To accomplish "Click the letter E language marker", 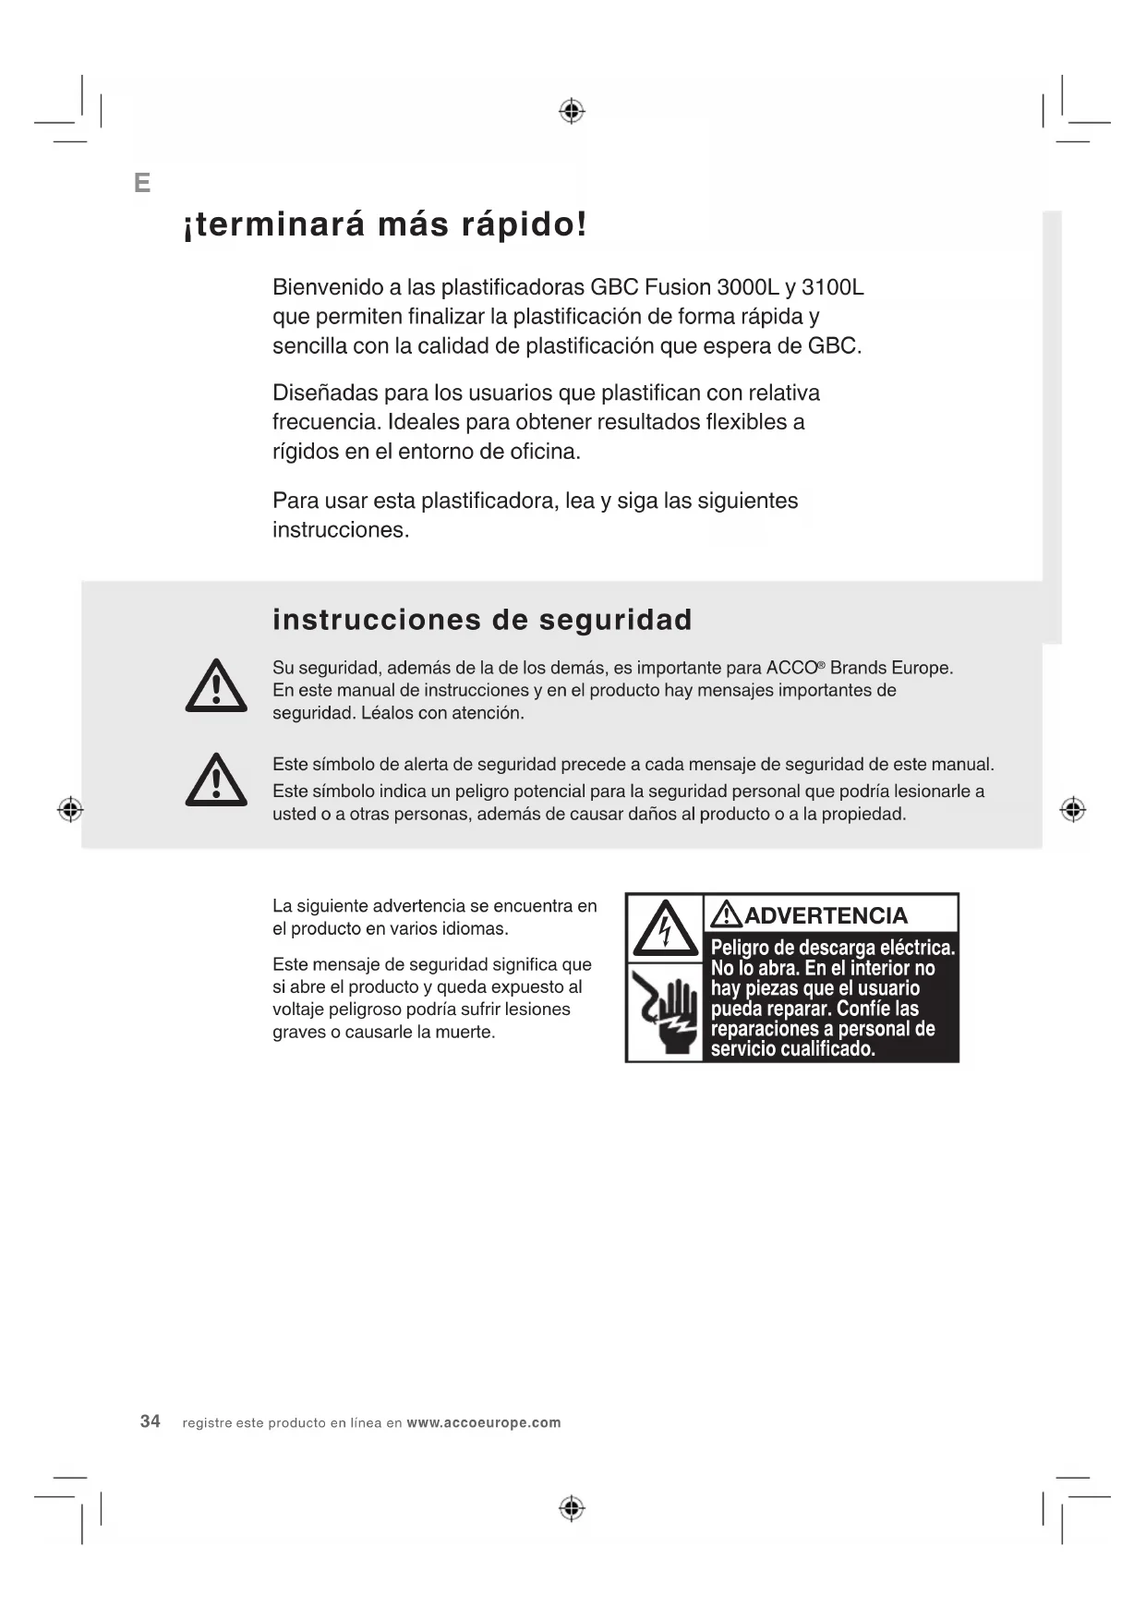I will (x=142, y=183).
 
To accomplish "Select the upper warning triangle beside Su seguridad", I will (x=216, y=686).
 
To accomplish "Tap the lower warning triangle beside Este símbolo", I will (x=216, y=780).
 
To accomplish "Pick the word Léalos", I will (x=387, y=713).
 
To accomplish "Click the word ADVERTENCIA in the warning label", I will (x=826, y=915).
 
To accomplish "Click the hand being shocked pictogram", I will (x=665, y=1013).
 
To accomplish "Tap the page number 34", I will (x=151, y=1421).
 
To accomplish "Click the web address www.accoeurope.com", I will (x=484, y=1422).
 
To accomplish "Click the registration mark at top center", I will (x=573, y=112).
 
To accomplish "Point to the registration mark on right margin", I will (x=1072, y=810).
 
